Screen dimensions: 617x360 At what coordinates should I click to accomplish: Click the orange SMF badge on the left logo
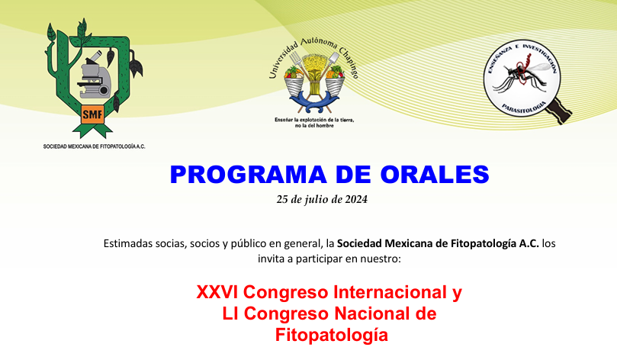pos(92,114)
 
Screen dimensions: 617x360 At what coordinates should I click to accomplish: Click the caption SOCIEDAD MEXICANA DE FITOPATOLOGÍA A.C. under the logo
pos(94,146)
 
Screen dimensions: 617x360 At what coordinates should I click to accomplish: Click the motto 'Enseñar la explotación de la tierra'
pos(314,120)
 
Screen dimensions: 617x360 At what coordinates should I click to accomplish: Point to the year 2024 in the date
pos(356,200)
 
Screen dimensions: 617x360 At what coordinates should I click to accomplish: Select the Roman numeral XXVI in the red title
pos(217,292)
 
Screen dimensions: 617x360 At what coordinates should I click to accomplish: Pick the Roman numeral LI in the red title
pos(230,314)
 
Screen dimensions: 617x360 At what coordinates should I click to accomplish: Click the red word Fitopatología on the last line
pos(332,336)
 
